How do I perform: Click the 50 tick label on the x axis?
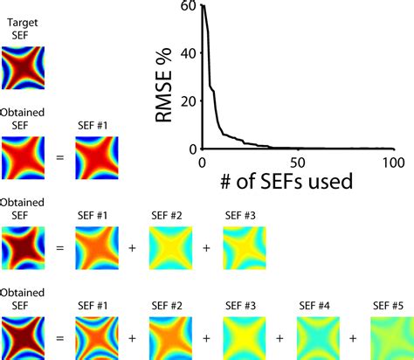(297, 162)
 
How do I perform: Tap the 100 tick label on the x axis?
(391, 162)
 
